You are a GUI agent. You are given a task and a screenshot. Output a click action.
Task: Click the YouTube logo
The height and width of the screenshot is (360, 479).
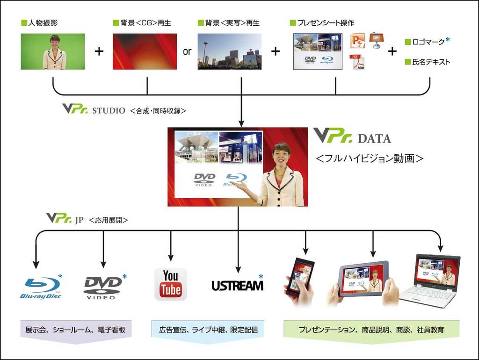170,284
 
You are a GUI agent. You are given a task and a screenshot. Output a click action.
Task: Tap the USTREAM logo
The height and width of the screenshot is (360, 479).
237,285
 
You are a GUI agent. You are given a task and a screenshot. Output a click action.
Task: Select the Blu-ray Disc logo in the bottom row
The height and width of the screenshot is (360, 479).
40,287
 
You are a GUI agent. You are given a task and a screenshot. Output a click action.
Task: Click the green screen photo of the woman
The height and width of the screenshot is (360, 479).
53,51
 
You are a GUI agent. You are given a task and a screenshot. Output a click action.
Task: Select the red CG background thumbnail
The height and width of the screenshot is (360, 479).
145,51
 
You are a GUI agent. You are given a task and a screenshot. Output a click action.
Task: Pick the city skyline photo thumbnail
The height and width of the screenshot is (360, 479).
229,51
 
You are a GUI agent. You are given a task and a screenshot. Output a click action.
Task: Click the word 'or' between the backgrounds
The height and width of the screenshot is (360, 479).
187,51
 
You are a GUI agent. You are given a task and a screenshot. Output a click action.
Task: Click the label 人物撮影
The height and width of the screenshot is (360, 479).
43,22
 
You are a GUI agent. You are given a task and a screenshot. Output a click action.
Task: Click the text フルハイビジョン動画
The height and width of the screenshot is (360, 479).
370,158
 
